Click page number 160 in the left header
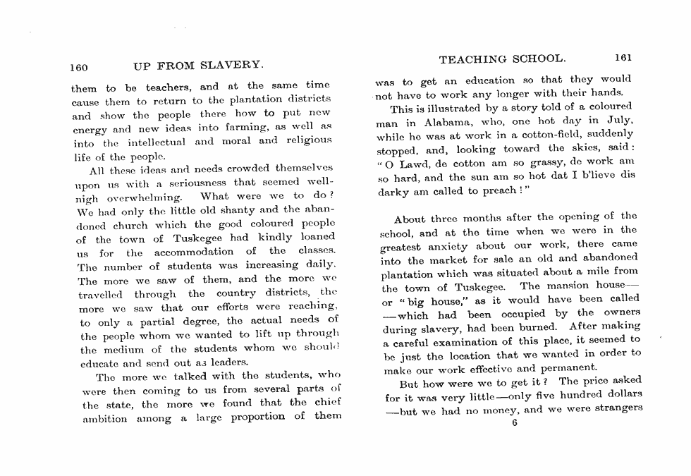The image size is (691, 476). pos(79,67)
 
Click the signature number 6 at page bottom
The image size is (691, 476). pos(515,422)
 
